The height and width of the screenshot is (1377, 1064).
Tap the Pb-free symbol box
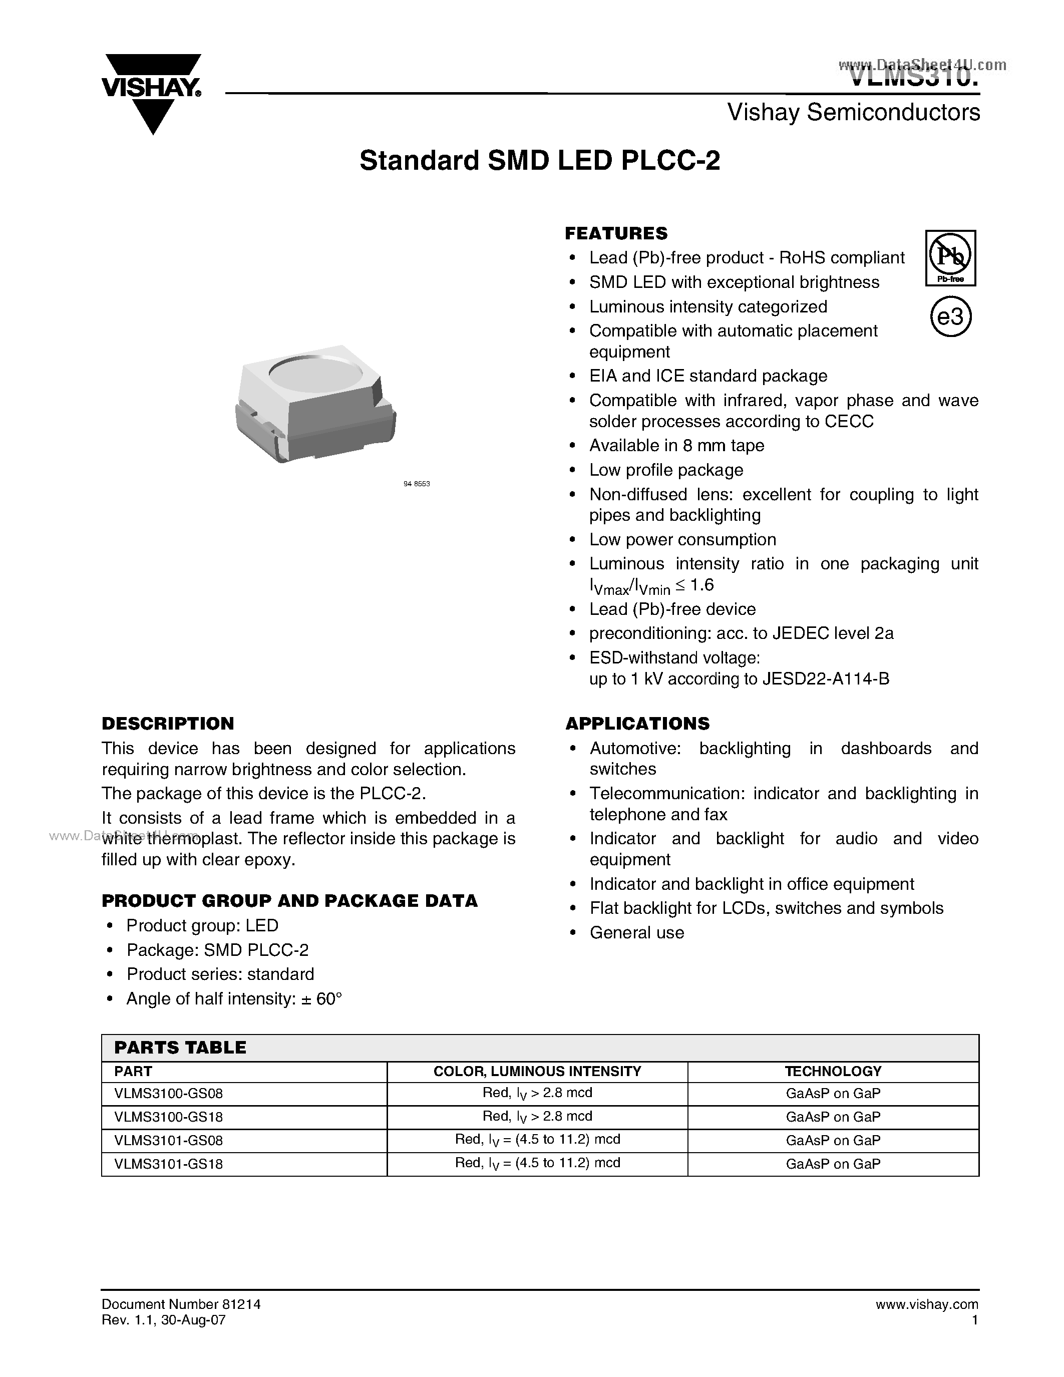[950, 258]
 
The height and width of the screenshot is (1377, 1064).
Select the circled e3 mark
[950, 317]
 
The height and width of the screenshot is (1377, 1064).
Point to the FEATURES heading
[616, 233]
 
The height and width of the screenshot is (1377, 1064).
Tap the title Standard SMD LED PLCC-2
[540, 161]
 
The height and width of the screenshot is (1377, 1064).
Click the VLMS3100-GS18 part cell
[169, 1117]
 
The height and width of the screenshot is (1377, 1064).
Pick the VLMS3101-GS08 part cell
[169, 1140]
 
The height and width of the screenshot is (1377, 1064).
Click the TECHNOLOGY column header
[833, 1071]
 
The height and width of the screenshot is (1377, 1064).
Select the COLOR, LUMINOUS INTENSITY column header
[537, 1071]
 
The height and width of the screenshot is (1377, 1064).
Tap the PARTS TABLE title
[180, 1047]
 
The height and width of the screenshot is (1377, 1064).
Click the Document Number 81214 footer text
[181, 1304]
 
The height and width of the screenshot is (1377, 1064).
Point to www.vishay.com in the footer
[927, 1304]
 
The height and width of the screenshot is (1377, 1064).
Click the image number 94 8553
[416, 484]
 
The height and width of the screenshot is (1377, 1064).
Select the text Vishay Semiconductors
[854, 113]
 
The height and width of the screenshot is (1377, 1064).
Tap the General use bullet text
[636, 932]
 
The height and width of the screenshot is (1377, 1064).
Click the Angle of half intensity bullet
[234, 999]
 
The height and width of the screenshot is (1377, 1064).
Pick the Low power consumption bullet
[682, 540]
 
